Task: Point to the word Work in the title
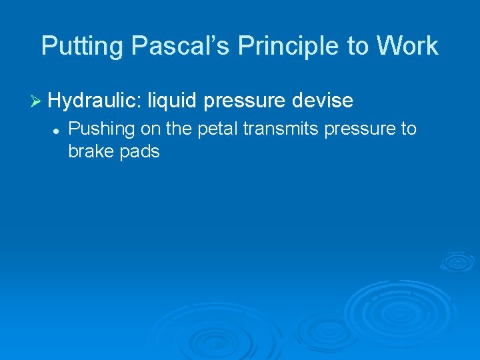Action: [406, 46]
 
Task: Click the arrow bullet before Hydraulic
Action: [37, 101]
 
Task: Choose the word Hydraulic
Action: [95, 101]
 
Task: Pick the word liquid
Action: [173, 101]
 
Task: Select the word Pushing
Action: [102, 128]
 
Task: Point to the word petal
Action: [218, 127]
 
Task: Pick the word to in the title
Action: [353, 47]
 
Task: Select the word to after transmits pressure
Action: [409, 128]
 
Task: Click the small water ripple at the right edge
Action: [457, 261]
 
